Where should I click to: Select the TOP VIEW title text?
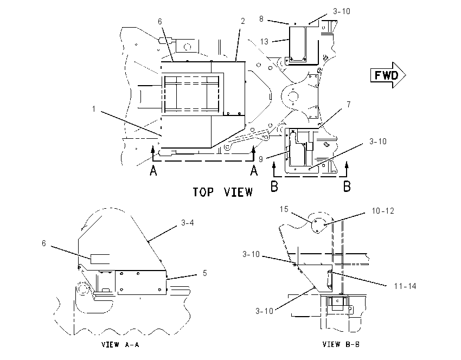tap(222, 192)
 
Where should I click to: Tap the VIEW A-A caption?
tap(120, 344)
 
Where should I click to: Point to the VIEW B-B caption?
tap(341, 344)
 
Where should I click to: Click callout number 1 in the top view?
tap(94, 109)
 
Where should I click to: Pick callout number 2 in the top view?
tap(242, 21)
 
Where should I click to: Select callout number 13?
tap(264, 42)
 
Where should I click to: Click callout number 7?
tap(349, 104)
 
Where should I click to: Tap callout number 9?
tap(261, 159)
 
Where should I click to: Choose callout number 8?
tap(261, 19)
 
